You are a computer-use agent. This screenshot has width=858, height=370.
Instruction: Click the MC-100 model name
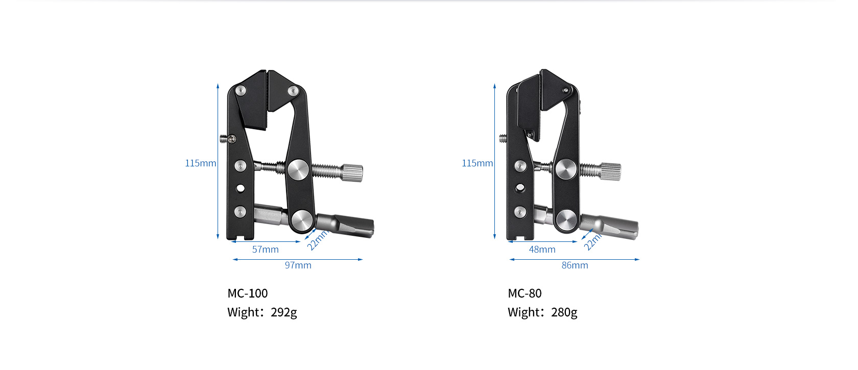pos(247,293)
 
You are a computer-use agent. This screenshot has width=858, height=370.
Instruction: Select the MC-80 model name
pos(525,293)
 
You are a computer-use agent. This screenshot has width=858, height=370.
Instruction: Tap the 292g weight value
pos(284,312)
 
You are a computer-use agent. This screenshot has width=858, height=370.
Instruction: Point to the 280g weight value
pos(564,312)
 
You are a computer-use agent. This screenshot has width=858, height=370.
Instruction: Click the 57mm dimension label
pos(266,250)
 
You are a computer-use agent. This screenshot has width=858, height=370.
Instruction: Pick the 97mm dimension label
pos(298,265)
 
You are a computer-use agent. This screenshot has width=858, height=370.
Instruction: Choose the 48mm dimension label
pos(542,250)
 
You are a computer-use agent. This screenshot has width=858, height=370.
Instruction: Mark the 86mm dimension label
pos(575,265)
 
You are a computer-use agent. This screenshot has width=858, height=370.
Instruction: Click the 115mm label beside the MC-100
pos(201,163)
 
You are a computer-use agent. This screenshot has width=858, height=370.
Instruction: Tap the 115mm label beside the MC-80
pos(477,163)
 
